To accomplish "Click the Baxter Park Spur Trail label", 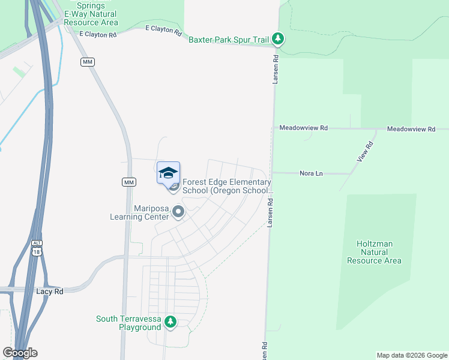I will pyautogui.click(x=229, y=40).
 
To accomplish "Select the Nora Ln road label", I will pyautogui.click(x=311, y=173).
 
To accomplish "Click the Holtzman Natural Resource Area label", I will pyautogui.click(x=378, y=252).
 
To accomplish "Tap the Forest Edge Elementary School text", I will pyautogui.click(x=227, y=186).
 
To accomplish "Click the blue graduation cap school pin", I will pyautogui.click(x=169, y=173).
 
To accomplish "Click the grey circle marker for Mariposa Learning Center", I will pyautogui.click(x=178, y=212).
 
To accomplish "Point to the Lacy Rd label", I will pyautogui.click(x=49, y=290).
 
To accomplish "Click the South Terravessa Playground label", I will pyautogui.click(x=128, y=323).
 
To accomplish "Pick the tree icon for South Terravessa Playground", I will pyautogui.click(x=171, y=323).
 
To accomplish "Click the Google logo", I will pyautogui.click(x=20, y=353).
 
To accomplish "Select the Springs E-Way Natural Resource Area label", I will pyautogui.click(x=91, y=14).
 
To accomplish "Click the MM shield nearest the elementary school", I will pyautogui.click(x=128, y=182).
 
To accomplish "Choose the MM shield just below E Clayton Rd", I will pyautogui.click(x=88, y=62).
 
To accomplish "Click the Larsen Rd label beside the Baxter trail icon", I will pyautogui.click(x=276, y=70).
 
